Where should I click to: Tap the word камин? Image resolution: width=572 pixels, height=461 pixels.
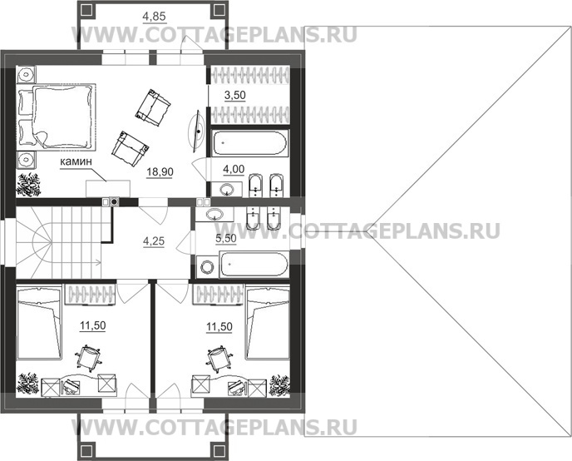click(76, 162)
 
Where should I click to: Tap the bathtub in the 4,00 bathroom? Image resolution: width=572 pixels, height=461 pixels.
click(249, 143)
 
